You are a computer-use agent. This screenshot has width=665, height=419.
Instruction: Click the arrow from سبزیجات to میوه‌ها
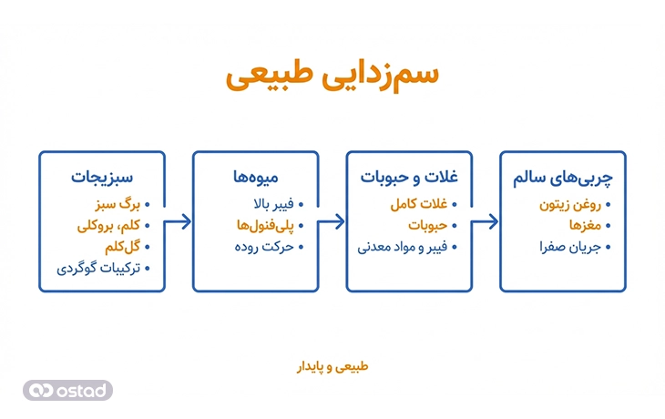[x=179, y=221]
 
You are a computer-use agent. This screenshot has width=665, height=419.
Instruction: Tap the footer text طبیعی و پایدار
[x=332, y=367]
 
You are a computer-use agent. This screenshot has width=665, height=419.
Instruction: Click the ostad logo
[x=67, y=390]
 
